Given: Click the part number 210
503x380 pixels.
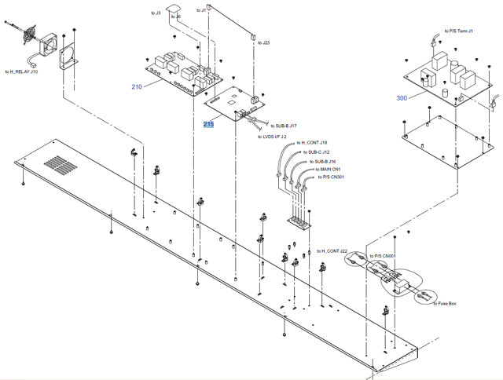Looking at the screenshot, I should [138, 86].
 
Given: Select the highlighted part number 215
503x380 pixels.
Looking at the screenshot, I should [208, 124].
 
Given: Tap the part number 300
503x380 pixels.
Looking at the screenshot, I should [402, 98].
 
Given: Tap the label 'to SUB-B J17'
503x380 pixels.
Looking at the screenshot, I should [284, 126].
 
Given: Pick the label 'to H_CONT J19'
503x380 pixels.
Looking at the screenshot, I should [311, 143].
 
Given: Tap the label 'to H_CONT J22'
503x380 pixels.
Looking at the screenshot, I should [335, 250].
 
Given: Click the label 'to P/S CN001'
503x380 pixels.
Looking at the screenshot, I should [382, 257].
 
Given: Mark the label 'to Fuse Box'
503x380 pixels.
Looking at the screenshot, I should [446, 303].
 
